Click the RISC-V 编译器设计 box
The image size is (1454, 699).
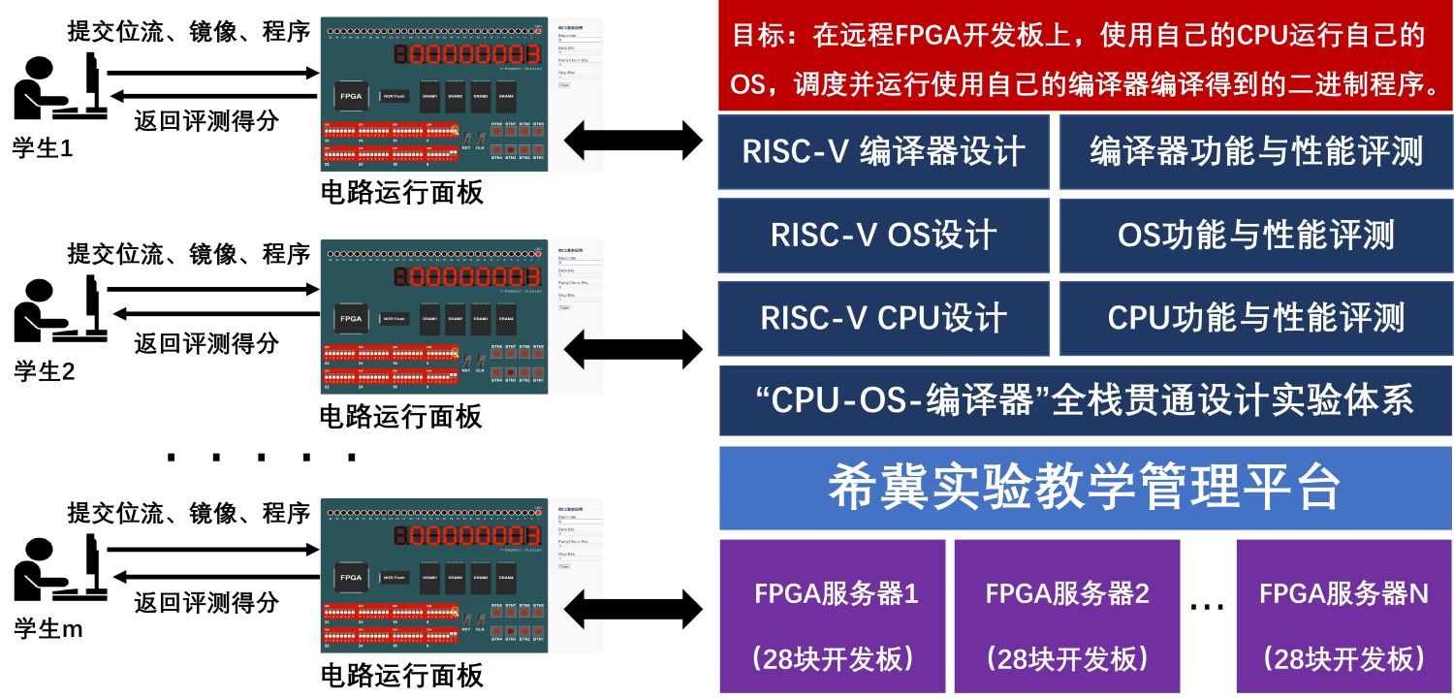coord(883,152)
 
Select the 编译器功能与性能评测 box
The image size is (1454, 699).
coord(1255,152)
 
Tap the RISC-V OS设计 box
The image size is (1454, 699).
coord(883,236)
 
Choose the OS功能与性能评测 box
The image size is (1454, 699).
coord(1255,236)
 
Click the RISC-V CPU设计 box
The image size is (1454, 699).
coord(883,319)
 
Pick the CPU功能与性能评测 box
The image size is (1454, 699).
coord(1255,319)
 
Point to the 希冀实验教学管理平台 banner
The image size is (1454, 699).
coord(1085,487)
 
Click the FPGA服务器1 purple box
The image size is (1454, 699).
coord(833,616)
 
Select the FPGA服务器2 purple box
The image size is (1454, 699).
coord(1066,616)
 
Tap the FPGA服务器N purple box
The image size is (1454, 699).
coord(1343,616)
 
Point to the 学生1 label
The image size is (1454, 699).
coord(43,148)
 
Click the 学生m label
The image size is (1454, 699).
coord(47,629)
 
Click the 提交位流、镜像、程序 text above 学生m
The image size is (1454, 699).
coord(189,513)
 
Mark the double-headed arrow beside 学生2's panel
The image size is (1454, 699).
coord(632,348)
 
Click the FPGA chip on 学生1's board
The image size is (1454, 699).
coord(351,96)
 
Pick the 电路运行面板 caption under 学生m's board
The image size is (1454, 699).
coord(401,675)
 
